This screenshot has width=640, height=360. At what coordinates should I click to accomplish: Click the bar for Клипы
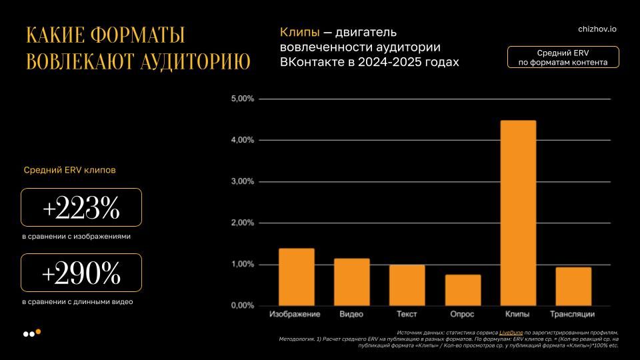click(x=518, y=213)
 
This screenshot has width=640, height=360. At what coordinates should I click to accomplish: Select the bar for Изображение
click(x=296, y=277)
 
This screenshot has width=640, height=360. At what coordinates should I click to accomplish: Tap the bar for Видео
click(x=351, y=282)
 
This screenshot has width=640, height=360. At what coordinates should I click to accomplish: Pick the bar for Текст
click(x=407, y=285)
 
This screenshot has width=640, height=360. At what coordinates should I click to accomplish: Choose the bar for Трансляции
click(x=573, y=287)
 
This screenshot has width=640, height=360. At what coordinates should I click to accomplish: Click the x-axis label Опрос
click(x=463, y=314)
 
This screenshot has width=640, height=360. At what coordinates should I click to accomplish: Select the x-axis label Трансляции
click(x=573, y=314)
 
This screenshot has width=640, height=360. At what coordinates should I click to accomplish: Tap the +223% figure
click(x=81, y=209)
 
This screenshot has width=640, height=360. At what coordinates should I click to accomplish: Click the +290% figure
click(x=81, y=273)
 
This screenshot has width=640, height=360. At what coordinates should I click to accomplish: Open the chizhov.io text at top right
click(x=597, y=29)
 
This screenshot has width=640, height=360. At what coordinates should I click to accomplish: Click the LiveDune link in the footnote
click(x=513, y=332)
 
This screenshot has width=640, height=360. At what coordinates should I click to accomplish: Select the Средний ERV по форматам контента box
click(x=563, y=57)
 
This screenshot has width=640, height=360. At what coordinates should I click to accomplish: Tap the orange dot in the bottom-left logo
click(x=38, y=331)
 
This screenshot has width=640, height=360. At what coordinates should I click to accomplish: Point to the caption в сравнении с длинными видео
click(x=77, y=301)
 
